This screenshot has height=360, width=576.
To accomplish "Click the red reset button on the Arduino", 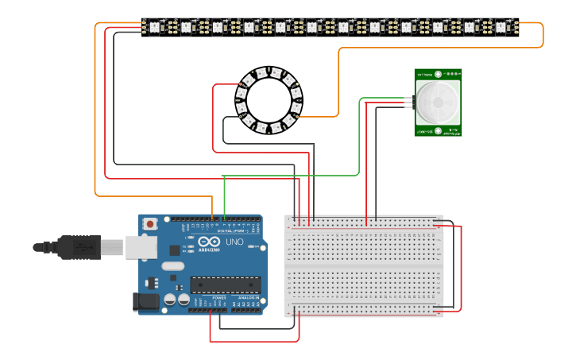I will click(149, 225).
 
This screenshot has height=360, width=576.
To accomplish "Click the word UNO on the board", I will click(235, 242).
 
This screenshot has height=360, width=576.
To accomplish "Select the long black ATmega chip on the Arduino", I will click(225, 285).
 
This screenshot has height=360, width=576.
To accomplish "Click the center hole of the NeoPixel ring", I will click(269, 100).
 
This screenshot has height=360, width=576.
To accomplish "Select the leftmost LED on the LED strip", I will click(155, 27).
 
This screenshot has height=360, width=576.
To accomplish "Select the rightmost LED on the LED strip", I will click(501, 27).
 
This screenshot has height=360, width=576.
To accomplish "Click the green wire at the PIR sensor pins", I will click(407, 99).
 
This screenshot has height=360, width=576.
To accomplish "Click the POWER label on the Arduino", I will click(219, 297).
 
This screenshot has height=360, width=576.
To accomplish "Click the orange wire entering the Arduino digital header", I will click(212, 215).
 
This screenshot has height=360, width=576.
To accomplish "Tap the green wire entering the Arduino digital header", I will click(224, 215).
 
